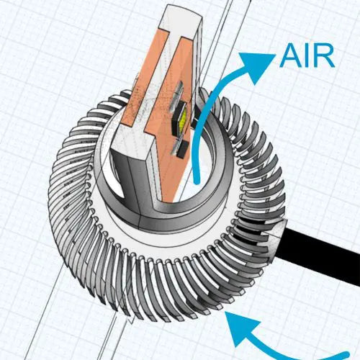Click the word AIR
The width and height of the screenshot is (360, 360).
pos(307,55)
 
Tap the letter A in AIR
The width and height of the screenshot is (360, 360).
pos(291,55)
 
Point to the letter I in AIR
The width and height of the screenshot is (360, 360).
pos(308,55)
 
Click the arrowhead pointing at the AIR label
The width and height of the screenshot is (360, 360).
pos(257,66)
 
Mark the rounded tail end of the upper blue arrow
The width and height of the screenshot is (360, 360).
pos(197,181)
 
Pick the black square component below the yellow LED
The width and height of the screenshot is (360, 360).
pos(182,150)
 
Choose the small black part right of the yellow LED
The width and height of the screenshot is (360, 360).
pos(194,117)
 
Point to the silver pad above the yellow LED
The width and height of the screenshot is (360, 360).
pos(179,96)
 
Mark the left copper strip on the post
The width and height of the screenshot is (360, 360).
pos(144,79)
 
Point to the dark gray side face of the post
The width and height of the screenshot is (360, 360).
pos(128,178)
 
